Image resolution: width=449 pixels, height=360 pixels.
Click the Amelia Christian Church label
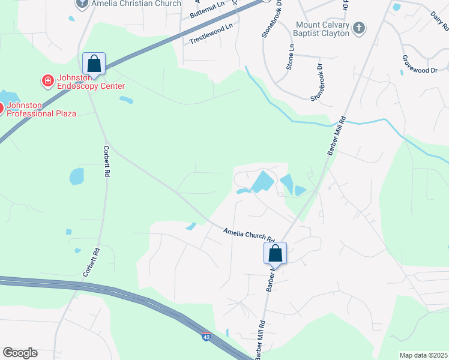click(x=136, y=4)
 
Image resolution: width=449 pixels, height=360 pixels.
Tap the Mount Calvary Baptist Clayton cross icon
click(x=359, y=28)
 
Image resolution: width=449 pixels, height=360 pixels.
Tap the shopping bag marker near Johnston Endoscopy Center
click(x=94, y=63)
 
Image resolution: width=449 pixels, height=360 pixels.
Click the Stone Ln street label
click(x=291, y=56)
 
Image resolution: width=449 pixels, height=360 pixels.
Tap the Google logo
click(x=20, y=353)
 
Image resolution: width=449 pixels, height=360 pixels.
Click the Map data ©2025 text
click(x=424, y=355)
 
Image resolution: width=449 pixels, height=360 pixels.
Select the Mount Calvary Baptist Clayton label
click(x=322, y=29)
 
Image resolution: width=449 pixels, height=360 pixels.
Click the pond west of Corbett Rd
click(x=77, y=176)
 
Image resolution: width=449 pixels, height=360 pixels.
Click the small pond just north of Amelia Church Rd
click(x=191, y=226)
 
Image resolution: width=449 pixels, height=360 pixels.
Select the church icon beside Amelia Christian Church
click(x=82, y=4)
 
